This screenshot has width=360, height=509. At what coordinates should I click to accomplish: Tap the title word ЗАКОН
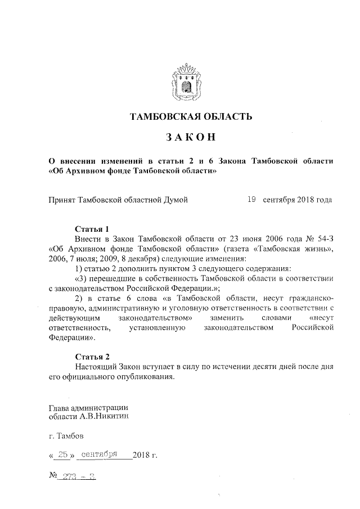point(188,138)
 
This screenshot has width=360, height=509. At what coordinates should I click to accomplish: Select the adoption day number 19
point(252,199)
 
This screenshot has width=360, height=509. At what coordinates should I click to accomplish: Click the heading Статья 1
point(92,229)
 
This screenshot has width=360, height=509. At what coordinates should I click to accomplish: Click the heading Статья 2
point(92,357)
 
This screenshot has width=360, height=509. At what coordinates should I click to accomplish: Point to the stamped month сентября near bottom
point(98,455)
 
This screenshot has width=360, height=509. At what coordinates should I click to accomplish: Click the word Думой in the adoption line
point(174,200)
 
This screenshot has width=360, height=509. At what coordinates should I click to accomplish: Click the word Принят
point(61,200)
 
